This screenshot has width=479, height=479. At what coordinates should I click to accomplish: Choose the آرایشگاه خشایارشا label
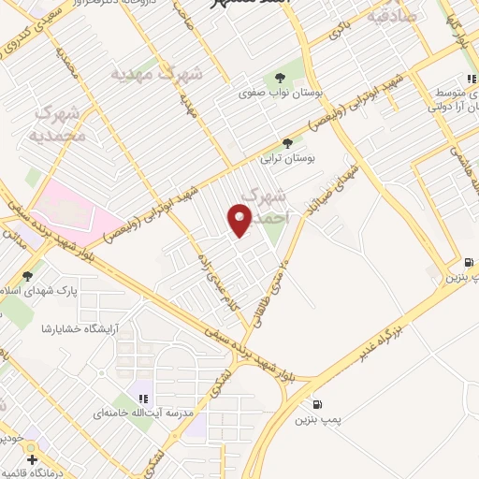tap(79, 328)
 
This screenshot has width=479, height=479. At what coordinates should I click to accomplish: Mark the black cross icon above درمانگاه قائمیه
tap(33, 459)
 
